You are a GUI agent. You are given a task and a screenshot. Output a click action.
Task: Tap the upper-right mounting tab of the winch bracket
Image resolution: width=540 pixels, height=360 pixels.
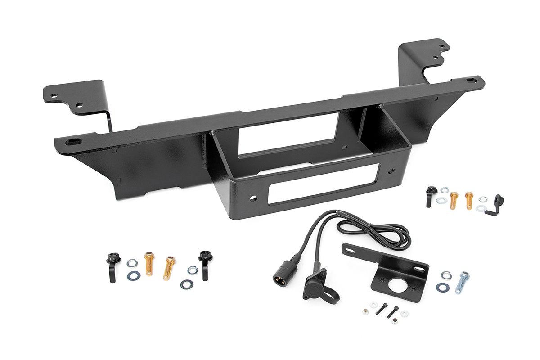[426, 54]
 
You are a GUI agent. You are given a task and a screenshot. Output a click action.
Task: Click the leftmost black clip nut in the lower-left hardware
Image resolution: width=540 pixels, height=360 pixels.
[111, 265]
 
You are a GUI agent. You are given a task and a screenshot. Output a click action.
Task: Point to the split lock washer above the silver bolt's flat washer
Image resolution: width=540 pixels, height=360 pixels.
[446, 274]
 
